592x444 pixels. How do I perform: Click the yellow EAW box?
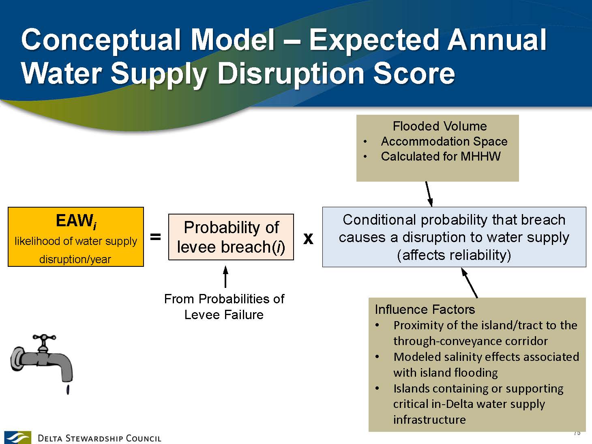76,237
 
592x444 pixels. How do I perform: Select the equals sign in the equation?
155,237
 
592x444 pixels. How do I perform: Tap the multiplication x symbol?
308,238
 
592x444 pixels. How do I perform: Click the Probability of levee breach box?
231,237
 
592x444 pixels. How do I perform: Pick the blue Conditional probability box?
454,237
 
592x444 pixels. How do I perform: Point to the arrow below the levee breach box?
225,277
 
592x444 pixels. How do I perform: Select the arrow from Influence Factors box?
469,283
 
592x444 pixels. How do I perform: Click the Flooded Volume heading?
440,126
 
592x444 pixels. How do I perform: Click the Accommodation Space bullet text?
444,142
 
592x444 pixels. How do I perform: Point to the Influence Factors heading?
425,309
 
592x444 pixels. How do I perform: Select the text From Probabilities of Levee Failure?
224,307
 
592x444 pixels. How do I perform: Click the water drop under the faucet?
68,390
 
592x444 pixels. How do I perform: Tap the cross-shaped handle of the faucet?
44,337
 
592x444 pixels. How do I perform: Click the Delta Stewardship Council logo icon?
17,437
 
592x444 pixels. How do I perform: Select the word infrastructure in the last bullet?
429,420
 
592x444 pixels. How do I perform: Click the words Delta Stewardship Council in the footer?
99,438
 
